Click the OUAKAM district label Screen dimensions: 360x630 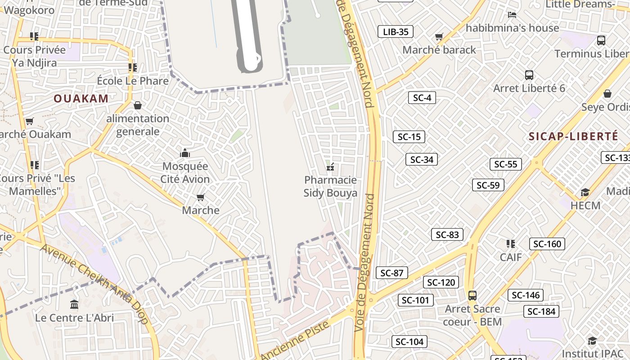coord(81,99)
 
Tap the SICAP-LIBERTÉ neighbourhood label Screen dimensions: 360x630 coord(573,136)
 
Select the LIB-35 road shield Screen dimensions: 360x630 coord(396,31)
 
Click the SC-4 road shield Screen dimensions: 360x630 coord(422,98)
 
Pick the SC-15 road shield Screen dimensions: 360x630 coord(409,137)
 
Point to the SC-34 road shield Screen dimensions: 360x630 coord(422,159)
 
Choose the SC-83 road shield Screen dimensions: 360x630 coord(447,234)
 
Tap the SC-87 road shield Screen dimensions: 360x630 coord(392,273)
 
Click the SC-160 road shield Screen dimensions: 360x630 coord(547,244)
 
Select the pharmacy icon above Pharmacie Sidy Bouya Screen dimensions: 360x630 coord(331,167)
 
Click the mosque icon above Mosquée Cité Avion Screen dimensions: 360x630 coord(185,153)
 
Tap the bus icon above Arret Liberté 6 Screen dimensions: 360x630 coord(529,75)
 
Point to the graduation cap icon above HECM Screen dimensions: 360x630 coord(585,193)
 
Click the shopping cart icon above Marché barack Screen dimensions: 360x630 coord(439,36)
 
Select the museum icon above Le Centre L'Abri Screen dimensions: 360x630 coord(74,304)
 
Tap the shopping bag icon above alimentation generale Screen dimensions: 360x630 coord(138,105)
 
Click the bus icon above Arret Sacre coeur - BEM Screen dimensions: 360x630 coord(472,296)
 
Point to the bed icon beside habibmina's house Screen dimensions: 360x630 coord(512,14)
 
